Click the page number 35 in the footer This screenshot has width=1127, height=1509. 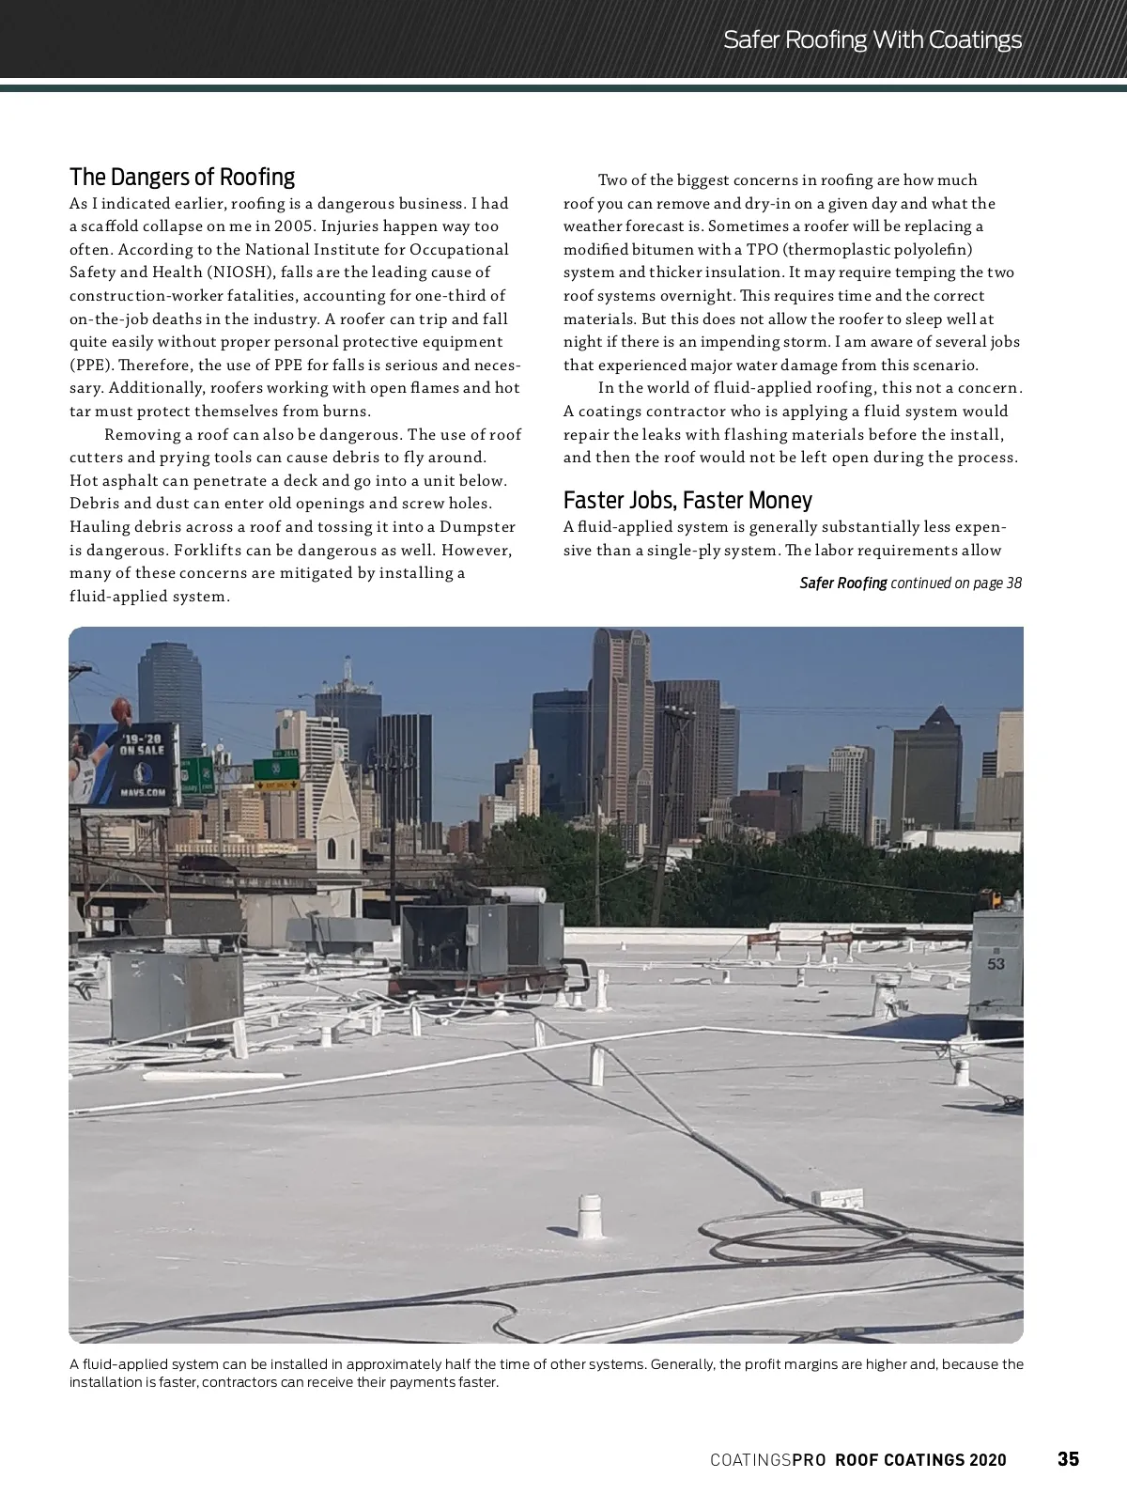point(1068,1459)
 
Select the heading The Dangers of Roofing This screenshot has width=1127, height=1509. point(182,178)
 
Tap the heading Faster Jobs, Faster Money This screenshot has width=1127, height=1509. point(687,500)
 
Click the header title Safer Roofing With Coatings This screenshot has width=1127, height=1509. point(872,39)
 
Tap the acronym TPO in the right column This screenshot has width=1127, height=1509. point(762,250)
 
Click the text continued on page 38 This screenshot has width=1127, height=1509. point(955,583)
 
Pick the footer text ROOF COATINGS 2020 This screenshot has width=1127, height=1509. point(920,1460)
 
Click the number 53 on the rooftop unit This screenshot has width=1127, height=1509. point(996,963)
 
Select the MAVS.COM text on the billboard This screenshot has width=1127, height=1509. point(143,792)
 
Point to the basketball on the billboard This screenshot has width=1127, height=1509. point(119,707)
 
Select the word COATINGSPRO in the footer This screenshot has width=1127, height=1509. point(767,1460)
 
